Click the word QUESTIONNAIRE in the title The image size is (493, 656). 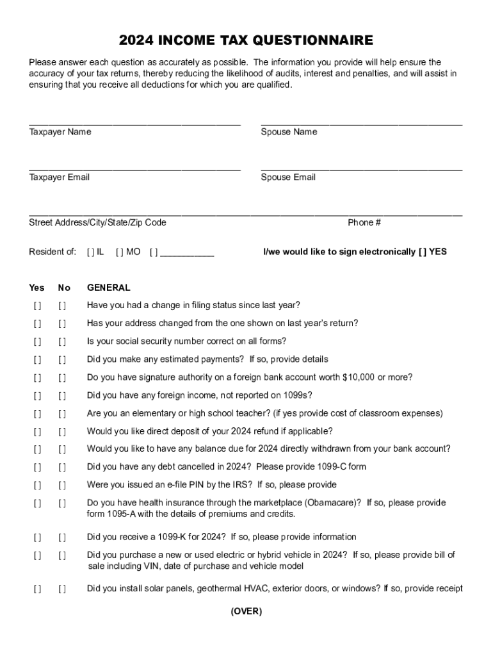[x=313, y=42]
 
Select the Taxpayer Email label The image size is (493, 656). [x=60, y=177]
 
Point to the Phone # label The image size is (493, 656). [x=364, y=223]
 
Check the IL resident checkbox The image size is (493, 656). [x=89, y=252]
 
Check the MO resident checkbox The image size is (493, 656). [x=119, y=252]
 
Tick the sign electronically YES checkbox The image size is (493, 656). [x=423, y=252]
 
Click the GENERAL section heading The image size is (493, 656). [x=108, y=288]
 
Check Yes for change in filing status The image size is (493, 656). [x=38, y=306]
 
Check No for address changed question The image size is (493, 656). [x=62, y=324]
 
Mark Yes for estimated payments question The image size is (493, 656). [x=38, y=360]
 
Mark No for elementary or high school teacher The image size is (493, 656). [x=62, y=414]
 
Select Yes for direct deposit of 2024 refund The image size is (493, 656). [x=38, y=432]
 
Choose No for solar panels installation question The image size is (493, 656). [x=62, y=590]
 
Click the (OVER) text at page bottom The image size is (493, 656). [x=247, y=612]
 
